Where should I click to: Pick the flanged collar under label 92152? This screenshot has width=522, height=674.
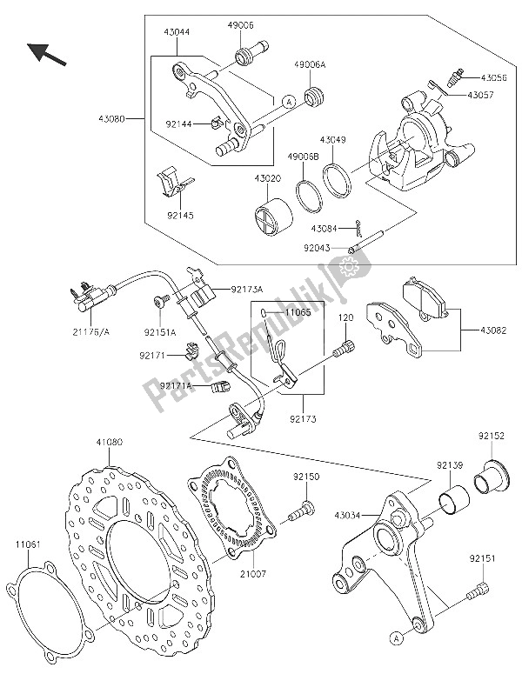(x=490, y=477)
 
